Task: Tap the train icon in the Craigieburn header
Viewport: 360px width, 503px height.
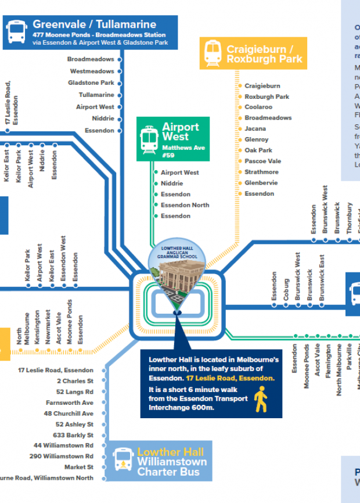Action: pyautogui.click(x=213, y=53)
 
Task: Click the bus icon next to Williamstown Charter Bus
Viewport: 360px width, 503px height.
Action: pyautogui.click(x=123, y=459)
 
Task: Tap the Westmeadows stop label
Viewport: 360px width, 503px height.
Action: pyautogui.click(x=92, y=71)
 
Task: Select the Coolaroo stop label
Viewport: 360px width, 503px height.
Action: pyautogui.click(x=258, y=107)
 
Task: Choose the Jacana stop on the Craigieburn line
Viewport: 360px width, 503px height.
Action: pyautogui.click(x=255, y=129)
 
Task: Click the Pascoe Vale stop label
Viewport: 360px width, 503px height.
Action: pyautogui.click(x=262, y=161)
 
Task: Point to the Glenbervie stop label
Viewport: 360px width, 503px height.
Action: pyautogui.click(x=261, y=183)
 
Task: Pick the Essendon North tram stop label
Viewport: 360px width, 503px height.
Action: pyautogui.click(x=185, y=205)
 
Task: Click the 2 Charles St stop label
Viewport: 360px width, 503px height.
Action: pyautogui.click(x=75, y=381)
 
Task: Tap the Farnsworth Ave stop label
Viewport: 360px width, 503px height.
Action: pyautogui.click(x=70, y=403)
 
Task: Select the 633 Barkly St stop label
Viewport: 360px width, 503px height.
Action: pyautogui.click(x=73, y=435)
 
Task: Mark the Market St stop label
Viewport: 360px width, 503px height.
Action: pyautogui.click(x=78, y=467)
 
